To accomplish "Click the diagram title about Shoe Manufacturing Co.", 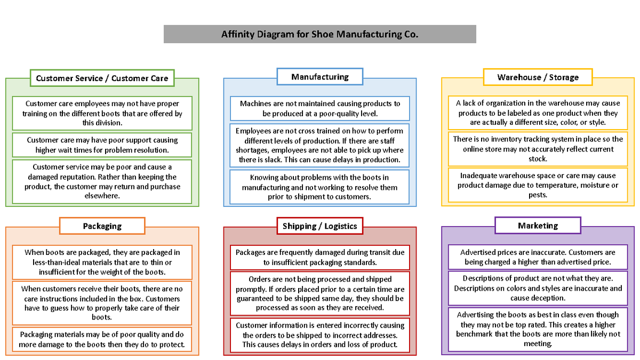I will coord(319,34).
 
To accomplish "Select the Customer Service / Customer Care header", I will coord(102,78).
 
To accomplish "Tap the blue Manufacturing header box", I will coord(319,77).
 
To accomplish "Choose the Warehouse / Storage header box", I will coord(538,77).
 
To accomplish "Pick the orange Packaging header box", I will coord(102,226).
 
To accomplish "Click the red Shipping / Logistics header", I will coord(319,226).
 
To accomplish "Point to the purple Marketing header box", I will coord(538,226).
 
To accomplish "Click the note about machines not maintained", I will coord(319,108).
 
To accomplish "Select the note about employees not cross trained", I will coord(319,145).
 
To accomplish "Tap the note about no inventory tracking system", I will coord(538,149).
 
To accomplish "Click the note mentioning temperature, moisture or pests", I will coord(538,185).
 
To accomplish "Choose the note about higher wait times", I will coord(102,145).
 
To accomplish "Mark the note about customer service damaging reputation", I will coord(102,181).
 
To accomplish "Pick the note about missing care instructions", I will coord(102,303).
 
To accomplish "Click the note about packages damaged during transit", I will coord(319,257).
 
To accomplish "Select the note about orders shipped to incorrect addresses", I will coord(319,334).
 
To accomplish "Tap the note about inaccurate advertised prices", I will coord(538,257).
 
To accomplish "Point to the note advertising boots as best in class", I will coord(538,329).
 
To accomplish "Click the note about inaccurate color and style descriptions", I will coord(538,288).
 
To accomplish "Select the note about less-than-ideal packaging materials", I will coord(102,262).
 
